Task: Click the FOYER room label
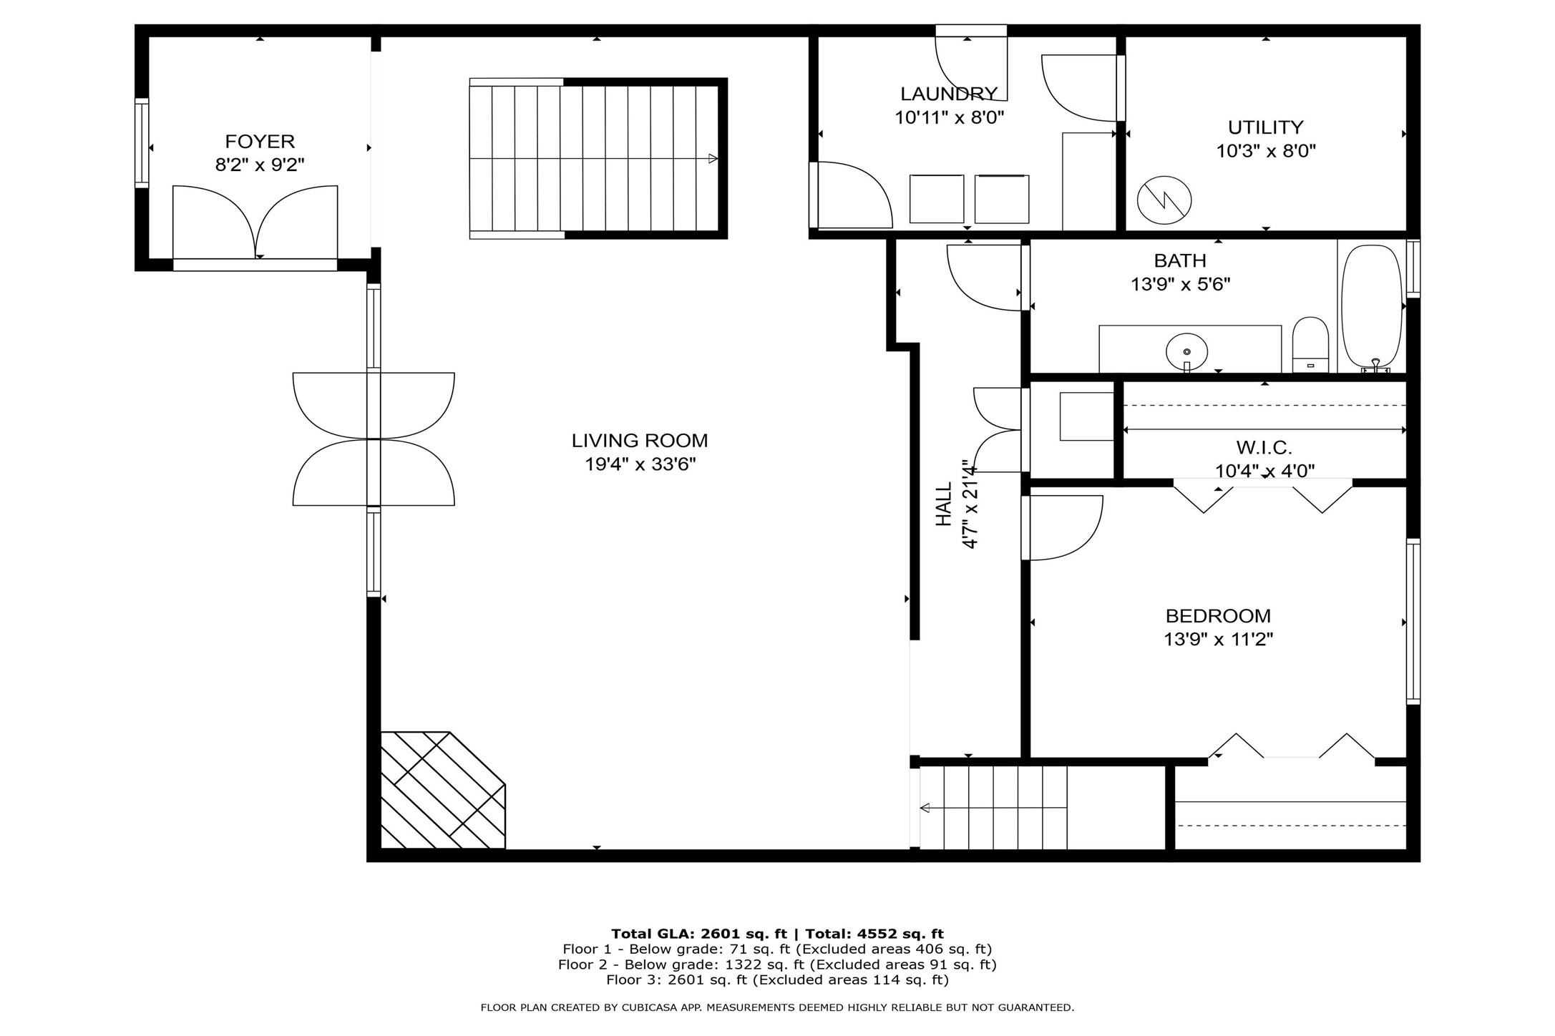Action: click(x=260, y=141)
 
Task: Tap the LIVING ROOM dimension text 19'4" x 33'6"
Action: click(x=640, y=464)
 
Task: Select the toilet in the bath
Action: click(x=1310, y=345)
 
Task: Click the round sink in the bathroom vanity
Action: click(x=1186, y=351)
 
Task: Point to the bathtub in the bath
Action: click(x=1370, y=308)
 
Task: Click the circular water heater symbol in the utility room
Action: click(x=1164, y=200)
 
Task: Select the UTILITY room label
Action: click(x=1265, y=127)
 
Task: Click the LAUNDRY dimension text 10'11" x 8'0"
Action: click(x=950, y=117)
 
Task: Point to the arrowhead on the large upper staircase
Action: click(x=713, y=159)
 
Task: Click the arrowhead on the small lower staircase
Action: click(x=925, y=808)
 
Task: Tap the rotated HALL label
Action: click(x=945, y=504)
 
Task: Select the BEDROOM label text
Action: click(x=1218, y=615)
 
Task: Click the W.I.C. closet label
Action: click(x=1264, y=448)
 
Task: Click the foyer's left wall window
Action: click(x=142, y=143)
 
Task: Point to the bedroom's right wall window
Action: click(x=1413, y=621)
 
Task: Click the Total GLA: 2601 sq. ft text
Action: click(x=698, y=934)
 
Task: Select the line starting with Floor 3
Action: click(x=777, y=979)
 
